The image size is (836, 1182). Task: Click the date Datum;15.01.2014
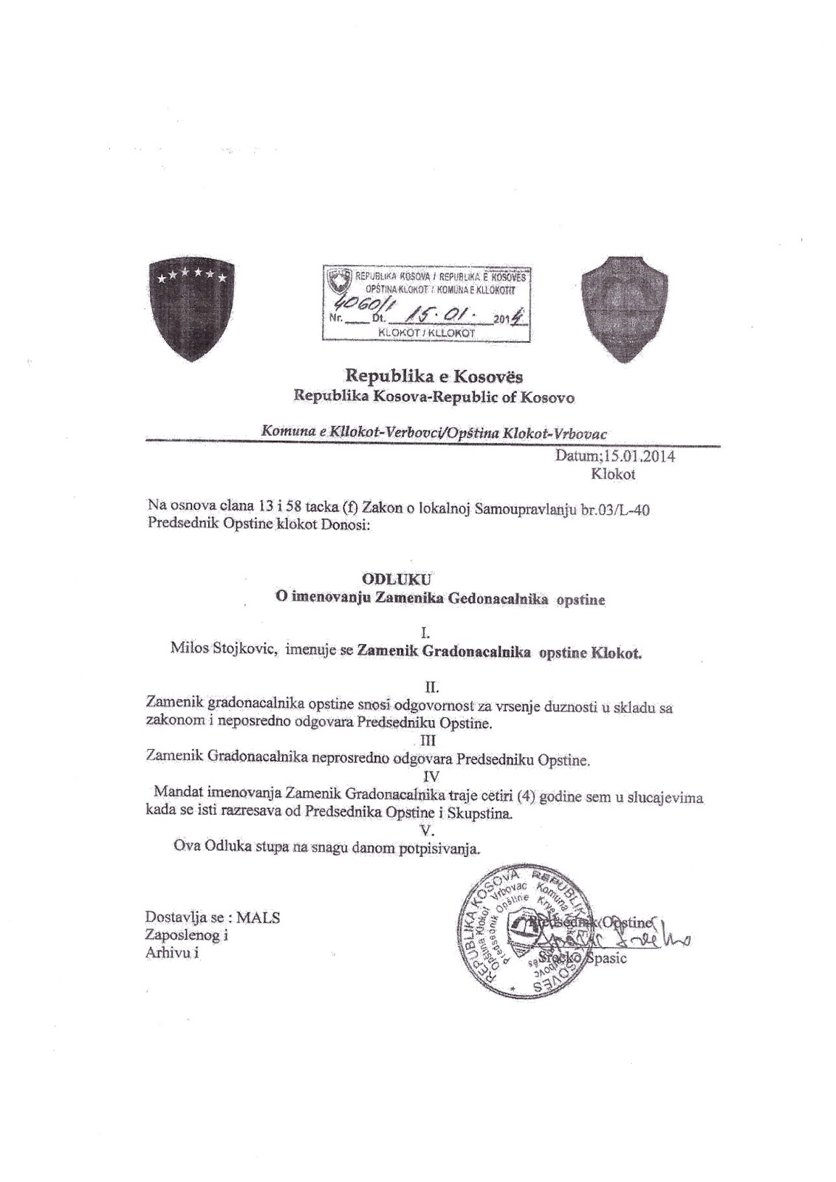pos(614,457)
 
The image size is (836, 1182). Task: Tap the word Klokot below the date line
pos(613,474)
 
